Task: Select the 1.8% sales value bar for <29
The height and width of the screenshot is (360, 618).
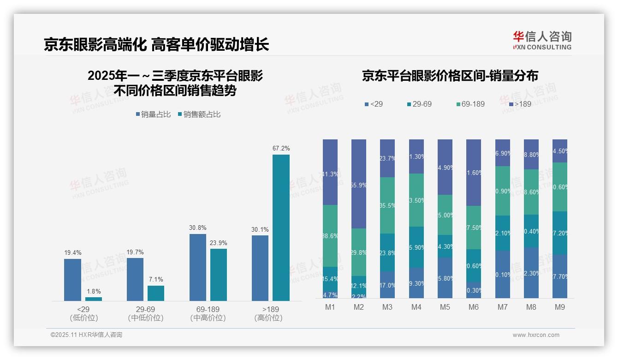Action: (x=94, y=299)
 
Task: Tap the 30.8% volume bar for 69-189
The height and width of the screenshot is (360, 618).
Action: (x=197, y=267)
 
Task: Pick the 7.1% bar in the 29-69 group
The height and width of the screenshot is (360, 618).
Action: (x=156, y=293)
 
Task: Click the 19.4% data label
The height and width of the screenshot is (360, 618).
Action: (x=72, y=252)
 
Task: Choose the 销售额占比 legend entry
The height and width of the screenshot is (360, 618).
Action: (x=199, y=114)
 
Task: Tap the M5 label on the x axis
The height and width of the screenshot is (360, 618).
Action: (x=445, y=307)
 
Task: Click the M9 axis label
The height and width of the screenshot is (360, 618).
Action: (x=559, y=307)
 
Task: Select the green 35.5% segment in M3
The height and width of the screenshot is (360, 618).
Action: (x=387, y=205)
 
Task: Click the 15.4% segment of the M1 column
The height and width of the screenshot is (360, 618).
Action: (x=330, y=278)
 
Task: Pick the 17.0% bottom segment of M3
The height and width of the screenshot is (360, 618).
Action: (x=387, y=285)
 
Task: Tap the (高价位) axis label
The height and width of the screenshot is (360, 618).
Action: (x=268, y=318)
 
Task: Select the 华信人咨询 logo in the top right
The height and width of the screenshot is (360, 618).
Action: (x=542, y=40)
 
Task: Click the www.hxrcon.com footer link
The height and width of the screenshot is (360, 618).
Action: (x=535, y=335)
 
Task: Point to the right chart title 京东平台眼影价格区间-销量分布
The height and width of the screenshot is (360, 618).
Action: (x=450, y=76)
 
